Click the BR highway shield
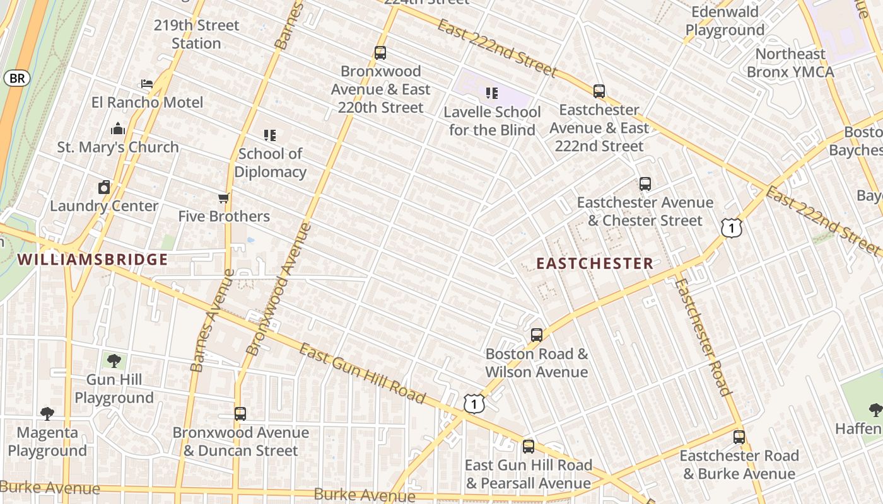click(17, 78)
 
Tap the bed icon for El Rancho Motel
click(146, 84)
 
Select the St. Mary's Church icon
click(118, 129)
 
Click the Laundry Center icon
click(104, 187)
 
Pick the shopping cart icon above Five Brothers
click(223, 198)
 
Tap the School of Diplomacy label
click(271, 163)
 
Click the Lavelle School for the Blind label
click(492, 121)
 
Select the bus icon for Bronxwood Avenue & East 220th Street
click(380, 53)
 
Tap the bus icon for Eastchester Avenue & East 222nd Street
click(599, 91)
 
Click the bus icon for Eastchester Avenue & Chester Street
click(645, 184)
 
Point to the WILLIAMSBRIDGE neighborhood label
click(93, 260)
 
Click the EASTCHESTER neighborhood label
click(595, 263)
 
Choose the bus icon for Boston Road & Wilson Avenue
click(537, 335)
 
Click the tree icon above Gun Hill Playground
click(114, 361)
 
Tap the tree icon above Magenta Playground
click(47, 414)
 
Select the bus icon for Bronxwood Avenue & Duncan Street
click(240, 414)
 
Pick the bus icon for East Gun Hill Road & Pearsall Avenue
click(529, 447)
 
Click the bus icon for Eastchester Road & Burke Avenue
click(739, 437)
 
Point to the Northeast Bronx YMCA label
click(790, 63)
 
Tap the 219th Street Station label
click(197, 34)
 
